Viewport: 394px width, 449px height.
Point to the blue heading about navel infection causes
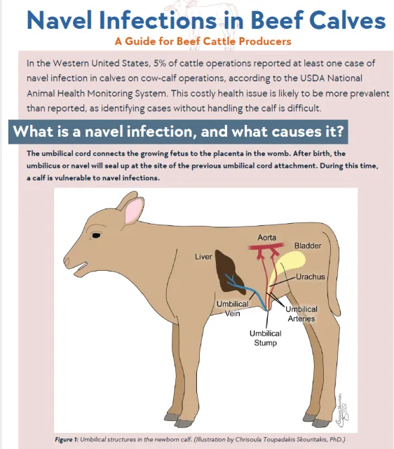coord(179,132)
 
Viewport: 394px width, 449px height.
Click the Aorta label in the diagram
coord(266,237)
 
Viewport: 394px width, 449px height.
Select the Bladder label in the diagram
coord(308,246)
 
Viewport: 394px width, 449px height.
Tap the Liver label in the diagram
coord(203,257)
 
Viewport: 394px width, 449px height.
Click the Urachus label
coord(310,277)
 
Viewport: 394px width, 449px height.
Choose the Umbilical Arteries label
coord(301,314)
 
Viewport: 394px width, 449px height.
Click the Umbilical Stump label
coord(265,338)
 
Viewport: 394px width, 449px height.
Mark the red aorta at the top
coord(267,249)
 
